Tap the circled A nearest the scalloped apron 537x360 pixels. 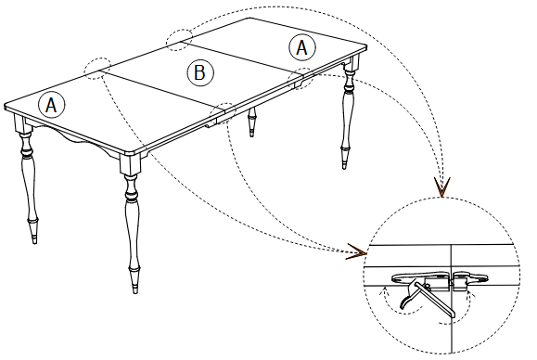(x=52, y=105)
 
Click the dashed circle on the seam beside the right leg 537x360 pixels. (x=304, y=78)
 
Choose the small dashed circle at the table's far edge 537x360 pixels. (x=179, y=38)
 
